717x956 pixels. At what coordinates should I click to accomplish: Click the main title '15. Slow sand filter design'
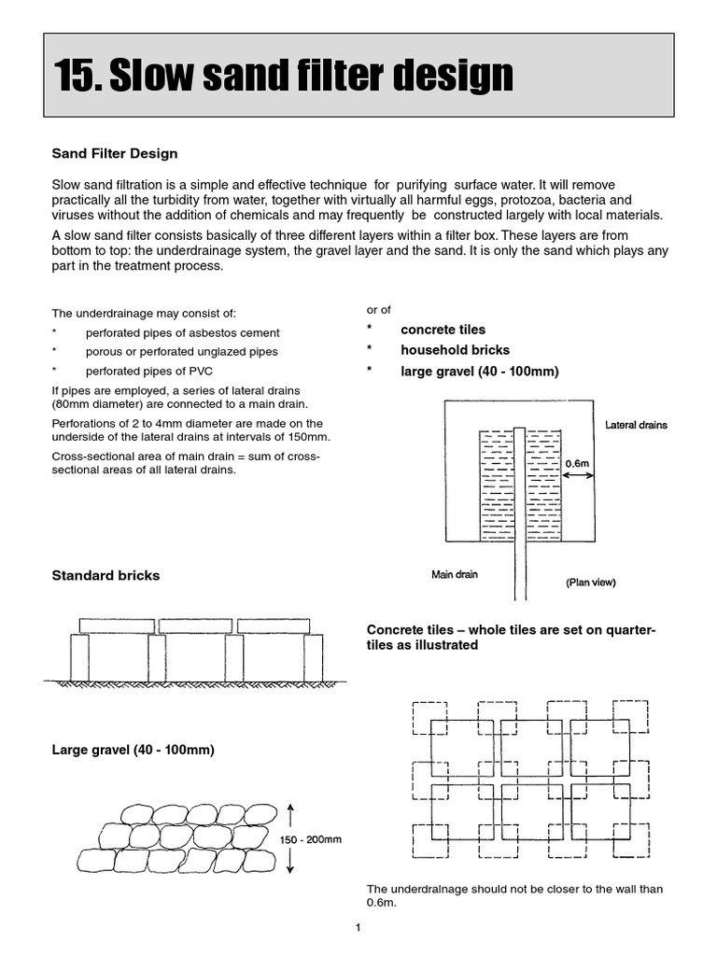pyautogui.click(x=284, y=76)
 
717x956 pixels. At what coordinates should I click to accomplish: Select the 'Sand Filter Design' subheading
pyautogui.click(x=114, y=153)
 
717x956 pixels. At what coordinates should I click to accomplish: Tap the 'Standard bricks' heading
pyautogui.click(x=105, y=576)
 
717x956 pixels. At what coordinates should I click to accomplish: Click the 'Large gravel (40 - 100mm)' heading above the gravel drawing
pyautogui.click(x=133, y=750)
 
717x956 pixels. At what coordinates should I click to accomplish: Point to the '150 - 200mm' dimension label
pyautogui.click(x=311, y=839)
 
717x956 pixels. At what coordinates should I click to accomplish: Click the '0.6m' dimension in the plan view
pyautogui.click(x=578, y=463)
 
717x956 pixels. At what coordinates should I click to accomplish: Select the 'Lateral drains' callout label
pyautogui.click(x=636, y=425)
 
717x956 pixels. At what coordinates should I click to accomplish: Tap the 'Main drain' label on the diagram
pyautogui.click(x=454, y=574)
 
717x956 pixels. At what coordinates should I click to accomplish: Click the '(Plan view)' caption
pyautogui.click(x=590, y=582)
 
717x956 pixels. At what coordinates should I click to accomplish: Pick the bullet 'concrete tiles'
pyautogui.click(x=443, y=330)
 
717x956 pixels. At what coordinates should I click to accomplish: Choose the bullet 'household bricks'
pyautogui.click(x=455, y=350)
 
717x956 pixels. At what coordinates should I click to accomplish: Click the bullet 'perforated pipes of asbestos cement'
pyautogui.click(x=182, y=332)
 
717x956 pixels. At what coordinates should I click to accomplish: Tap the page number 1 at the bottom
pyautogui.click(x=358, y=928)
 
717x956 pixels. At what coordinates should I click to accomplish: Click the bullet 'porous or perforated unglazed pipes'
pyautogui.click(x=181, y=352)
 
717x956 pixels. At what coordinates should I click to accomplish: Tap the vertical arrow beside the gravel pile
pyautogui.click(x=291, y=838)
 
